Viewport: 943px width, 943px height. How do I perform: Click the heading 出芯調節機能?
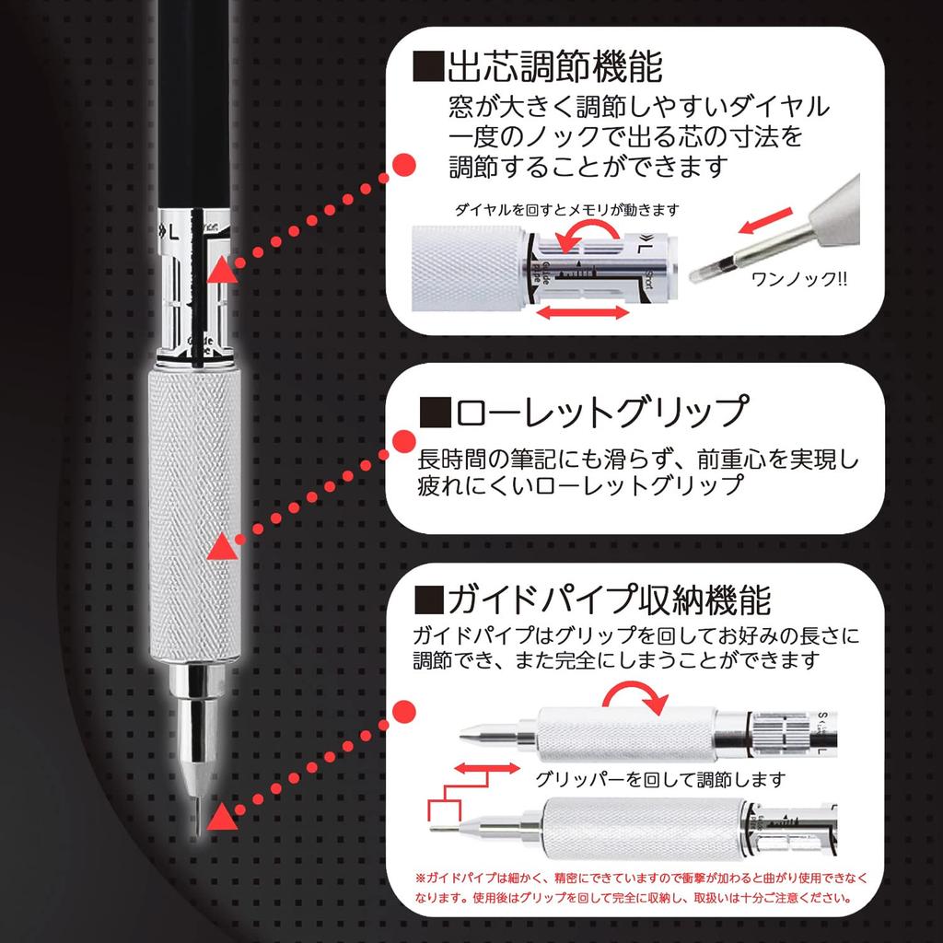(x=553, y=67)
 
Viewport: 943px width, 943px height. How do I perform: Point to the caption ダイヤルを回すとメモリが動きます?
(x=567, y=210)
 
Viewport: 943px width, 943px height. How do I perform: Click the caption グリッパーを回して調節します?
(x=660, y=779)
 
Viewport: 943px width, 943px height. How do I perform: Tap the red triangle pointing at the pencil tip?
(x=220, y=816)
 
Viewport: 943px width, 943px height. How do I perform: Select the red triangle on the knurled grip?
(x=220, y=549)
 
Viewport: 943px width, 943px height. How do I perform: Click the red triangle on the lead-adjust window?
(x=220, y=269)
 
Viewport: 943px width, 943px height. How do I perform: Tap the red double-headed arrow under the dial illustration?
(x=577, y=314)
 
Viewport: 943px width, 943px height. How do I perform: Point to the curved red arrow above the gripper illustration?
(x=639, y=697)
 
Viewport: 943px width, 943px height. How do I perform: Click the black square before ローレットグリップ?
(x=433, y=413)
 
